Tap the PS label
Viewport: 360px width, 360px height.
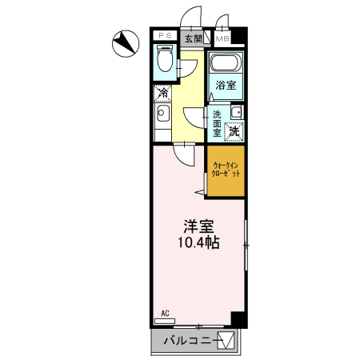pos(165,37)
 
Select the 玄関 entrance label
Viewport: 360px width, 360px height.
pos(193,38)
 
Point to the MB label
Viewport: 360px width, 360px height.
pos(221,38)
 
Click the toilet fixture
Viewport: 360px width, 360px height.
pos(166,60)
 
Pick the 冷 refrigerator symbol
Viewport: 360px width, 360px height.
pos(162,94)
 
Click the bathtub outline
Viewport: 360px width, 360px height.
pos(226,66)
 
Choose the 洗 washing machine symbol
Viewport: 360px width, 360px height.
pos(235,130)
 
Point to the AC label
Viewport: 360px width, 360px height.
pos(166,313)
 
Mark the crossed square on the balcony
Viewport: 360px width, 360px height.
pos(227,340)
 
